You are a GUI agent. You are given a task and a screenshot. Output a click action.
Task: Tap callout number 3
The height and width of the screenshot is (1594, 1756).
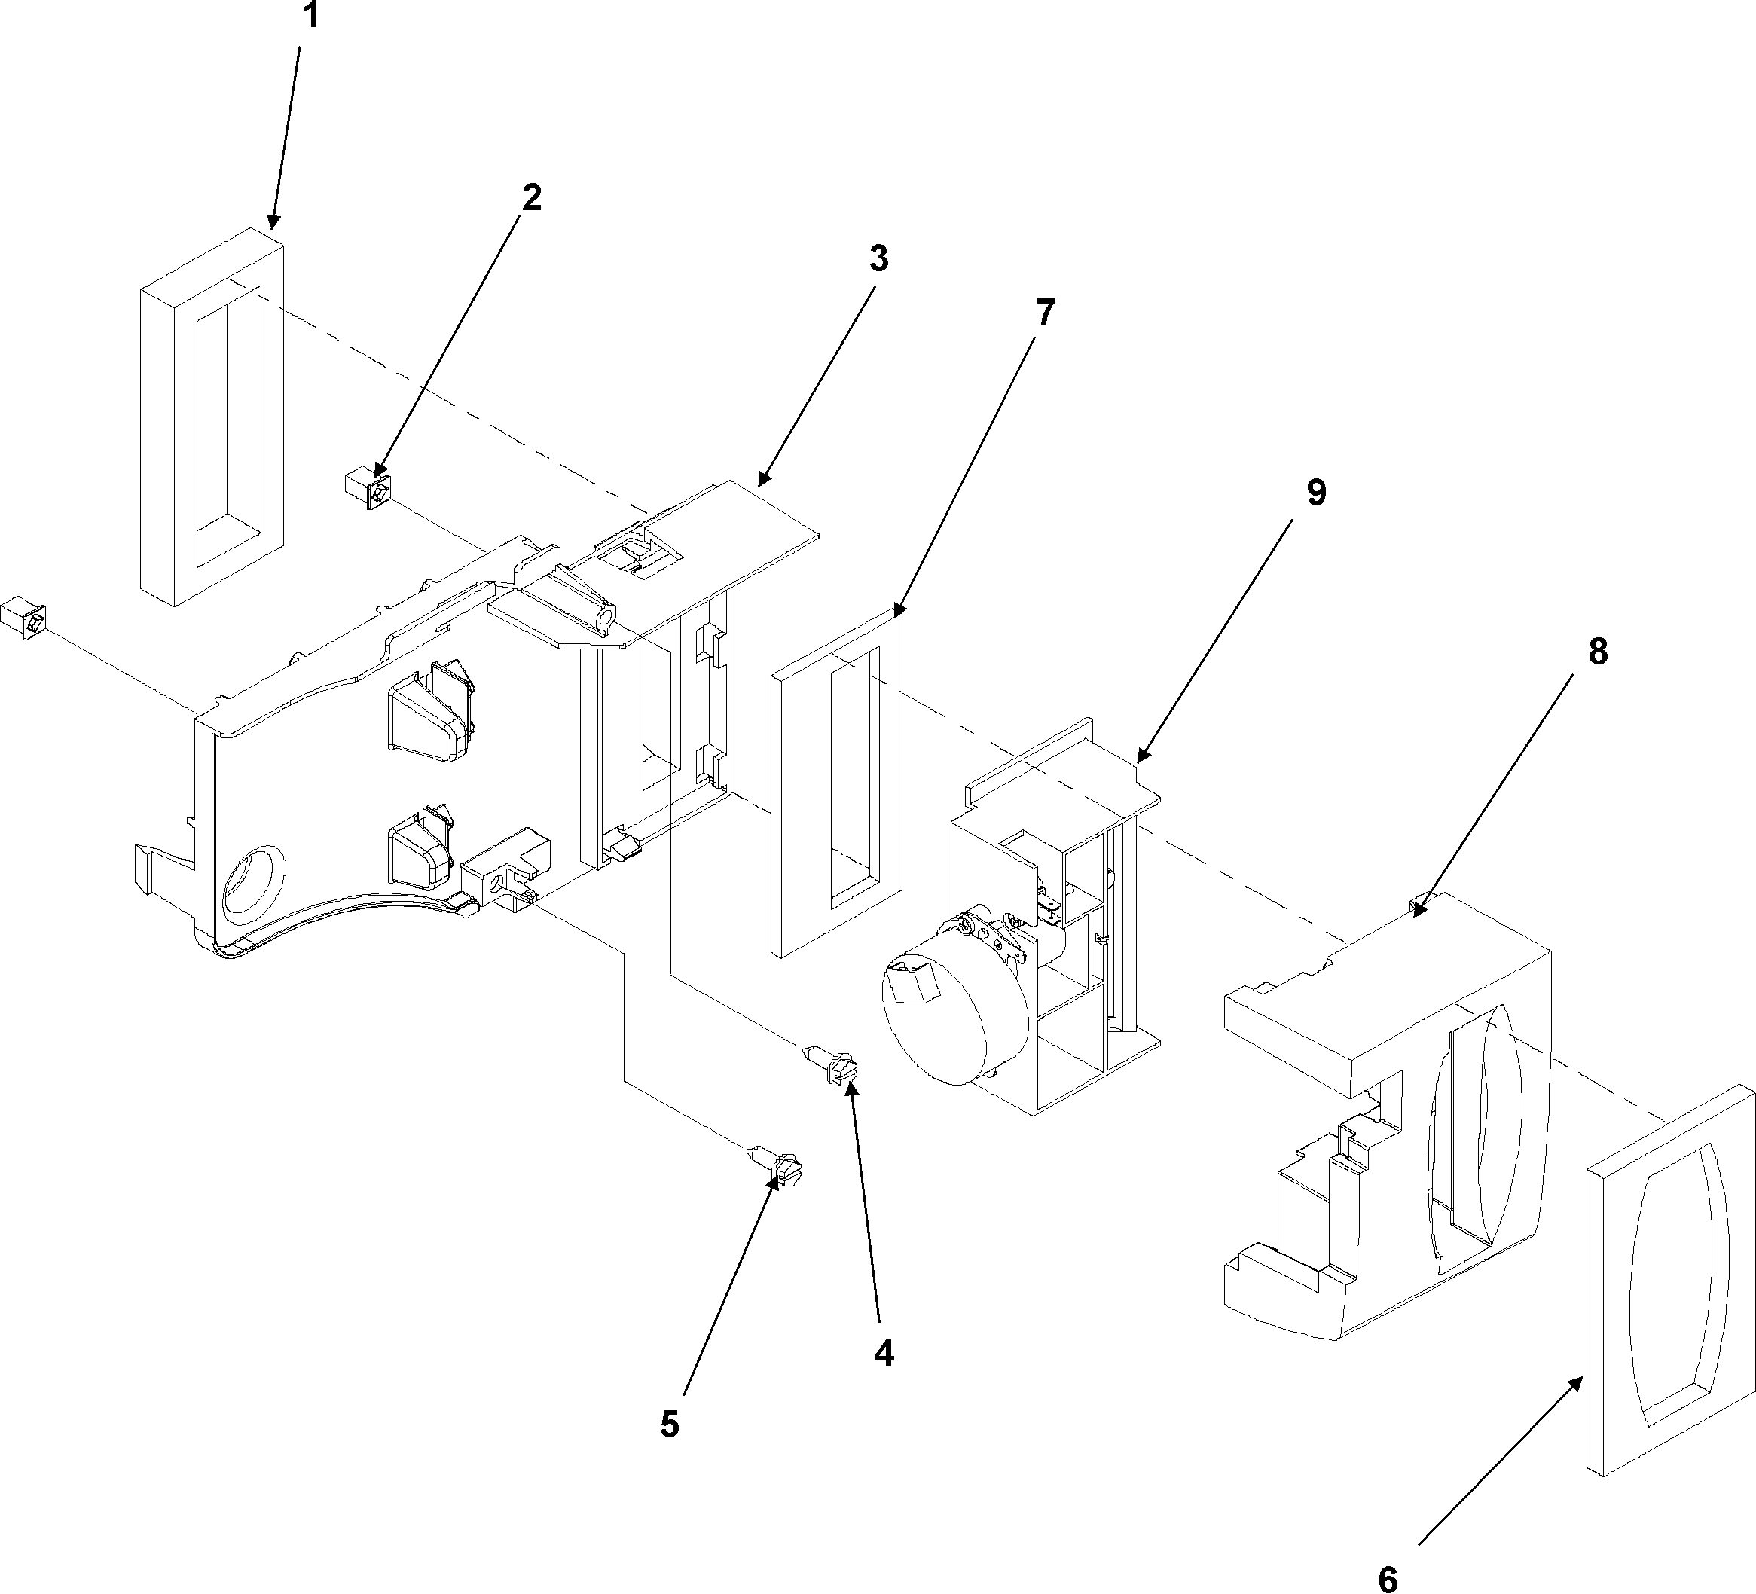coord(879,258)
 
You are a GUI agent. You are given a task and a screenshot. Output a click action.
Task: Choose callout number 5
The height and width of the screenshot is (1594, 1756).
coord(668,1425)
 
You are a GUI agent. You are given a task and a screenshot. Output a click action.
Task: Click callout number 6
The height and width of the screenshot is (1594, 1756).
coord(1388,1577)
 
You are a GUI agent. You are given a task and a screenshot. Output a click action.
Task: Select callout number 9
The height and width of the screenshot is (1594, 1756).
coord(1316,492)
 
